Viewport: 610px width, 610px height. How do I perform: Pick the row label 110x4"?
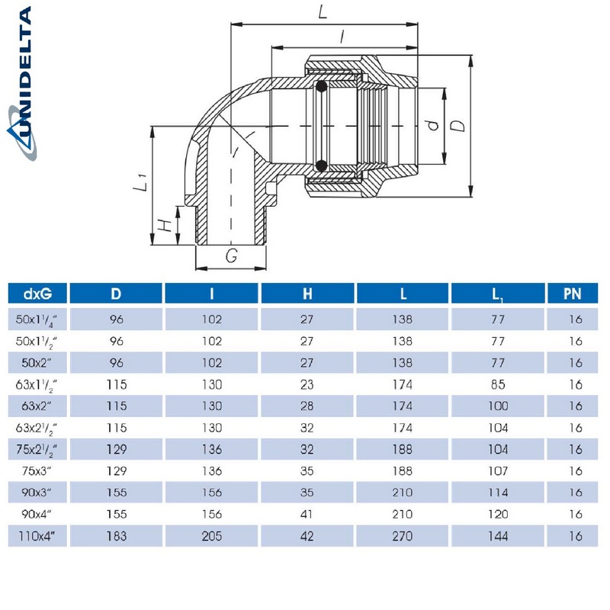[x=37, y=536]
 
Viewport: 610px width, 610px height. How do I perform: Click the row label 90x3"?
[x=37, y=493]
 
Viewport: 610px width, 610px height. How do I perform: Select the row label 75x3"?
[x=37, y=470]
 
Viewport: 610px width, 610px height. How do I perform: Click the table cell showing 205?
[x=212, y=536]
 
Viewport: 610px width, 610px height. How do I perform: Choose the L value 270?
[x=403, y=536]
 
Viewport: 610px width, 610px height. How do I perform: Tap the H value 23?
[x=307, y=384]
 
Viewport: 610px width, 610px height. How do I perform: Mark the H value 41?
[x=307, y=514]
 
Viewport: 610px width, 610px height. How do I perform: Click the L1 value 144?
[x=498, y=536]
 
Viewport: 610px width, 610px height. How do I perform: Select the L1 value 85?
[x=498, y=384]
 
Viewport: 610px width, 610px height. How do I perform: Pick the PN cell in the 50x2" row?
[x=576, y=362]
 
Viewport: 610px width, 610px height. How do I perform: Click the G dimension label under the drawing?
[x=231, y=257]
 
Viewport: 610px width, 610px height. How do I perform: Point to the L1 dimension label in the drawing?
[x=140, y=183]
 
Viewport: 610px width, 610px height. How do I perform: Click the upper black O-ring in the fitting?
[x=321, y=86]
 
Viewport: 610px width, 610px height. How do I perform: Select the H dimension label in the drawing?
[x=162, y=226]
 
